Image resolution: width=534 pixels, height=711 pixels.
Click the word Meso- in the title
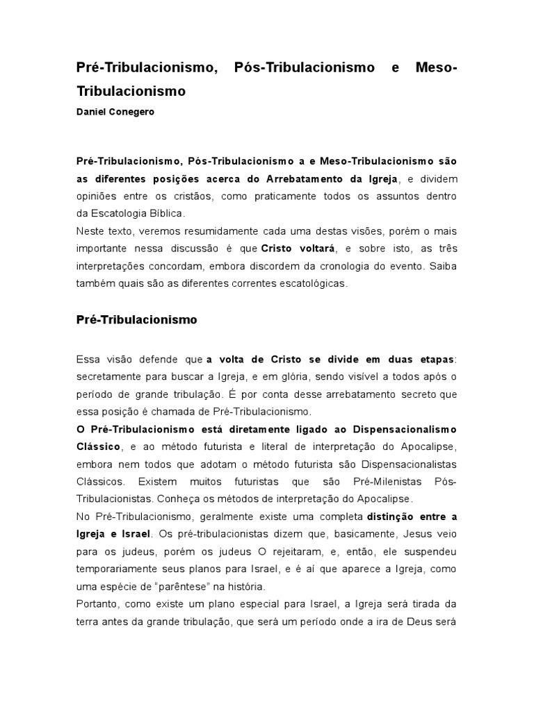pyautogui.click(x=436, y=69)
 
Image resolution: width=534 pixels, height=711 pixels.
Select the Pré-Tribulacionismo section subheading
pyautogui.click(x=137, y=320)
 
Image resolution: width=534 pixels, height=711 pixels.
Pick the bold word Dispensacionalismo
pyautogui.click(x=399, y=428)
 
